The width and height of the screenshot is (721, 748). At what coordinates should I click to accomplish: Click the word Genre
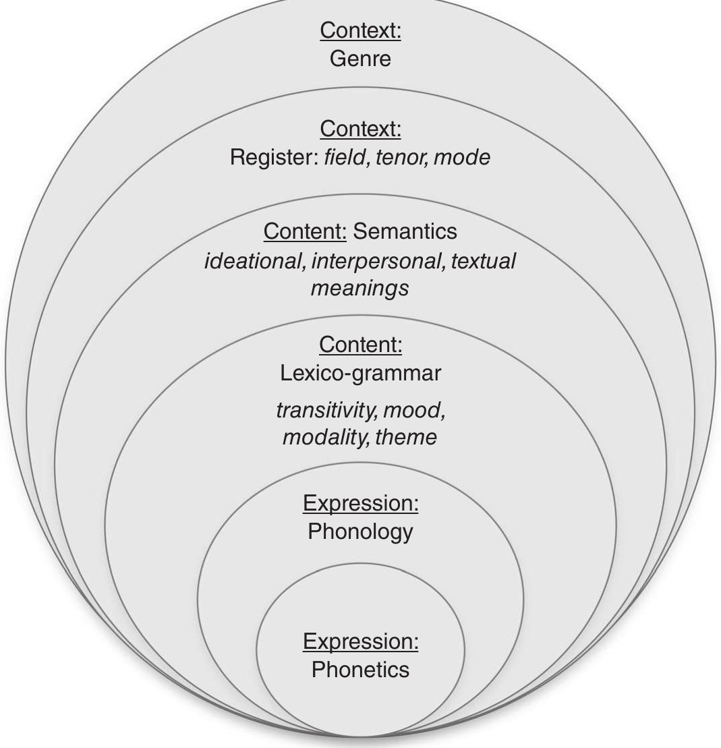click(360, 59)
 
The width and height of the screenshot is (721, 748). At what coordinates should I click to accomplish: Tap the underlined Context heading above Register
click(360, 128)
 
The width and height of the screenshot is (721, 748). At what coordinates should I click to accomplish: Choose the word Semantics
click(405, 231)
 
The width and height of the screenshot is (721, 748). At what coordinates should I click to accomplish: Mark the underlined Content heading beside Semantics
click(304, 231)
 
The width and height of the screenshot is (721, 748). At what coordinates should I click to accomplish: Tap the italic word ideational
click(254, 261)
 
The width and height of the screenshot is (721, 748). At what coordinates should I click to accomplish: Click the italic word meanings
click(359, 289)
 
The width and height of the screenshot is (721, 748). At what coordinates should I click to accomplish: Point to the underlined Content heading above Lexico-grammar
click(360, 345)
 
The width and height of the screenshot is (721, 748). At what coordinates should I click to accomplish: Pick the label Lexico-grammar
click(360, 373)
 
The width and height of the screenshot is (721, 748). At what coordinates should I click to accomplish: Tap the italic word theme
click(406, 437)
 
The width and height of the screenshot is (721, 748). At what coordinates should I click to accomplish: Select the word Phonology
click(360, 531)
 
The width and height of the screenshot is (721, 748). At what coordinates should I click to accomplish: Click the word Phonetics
click(360, 670)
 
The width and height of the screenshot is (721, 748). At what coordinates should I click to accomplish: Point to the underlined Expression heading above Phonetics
click(360, 641)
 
